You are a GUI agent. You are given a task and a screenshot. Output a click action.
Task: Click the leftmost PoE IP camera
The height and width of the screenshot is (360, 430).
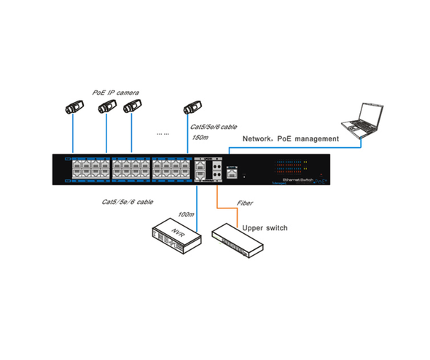pyautogui.click(x=73, y=108)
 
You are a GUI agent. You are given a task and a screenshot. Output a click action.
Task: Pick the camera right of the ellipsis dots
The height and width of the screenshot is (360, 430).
pyautogui.click(x=191, y=107)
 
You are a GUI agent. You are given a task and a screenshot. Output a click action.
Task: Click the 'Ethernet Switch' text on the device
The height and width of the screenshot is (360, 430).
pyautogui.click(x=300, y=178)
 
